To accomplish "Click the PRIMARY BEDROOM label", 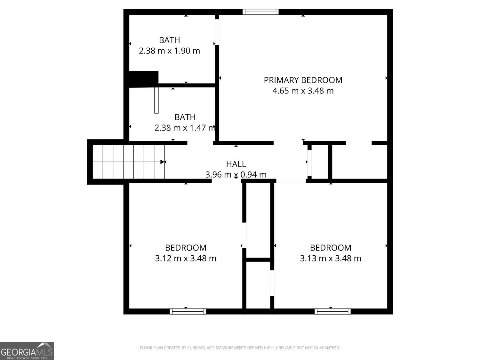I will [303, 80].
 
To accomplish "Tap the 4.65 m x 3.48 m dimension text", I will [303, 91].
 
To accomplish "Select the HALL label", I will [236, 164].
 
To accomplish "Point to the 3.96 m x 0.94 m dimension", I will [236, 175].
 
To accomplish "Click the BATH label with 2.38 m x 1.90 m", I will [169, 40].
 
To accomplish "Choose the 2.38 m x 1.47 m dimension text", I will [184, 128].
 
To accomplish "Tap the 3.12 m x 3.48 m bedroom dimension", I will [186, 258].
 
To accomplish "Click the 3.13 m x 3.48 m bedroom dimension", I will [330, 258].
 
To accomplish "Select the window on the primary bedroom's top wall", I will [260, 12].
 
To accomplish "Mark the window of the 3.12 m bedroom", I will [188, 311].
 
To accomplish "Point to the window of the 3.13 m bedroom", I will [332, 311].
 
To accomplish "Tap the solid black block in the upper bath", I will [144, 78].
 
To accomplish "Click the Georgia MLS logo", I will [27, 351].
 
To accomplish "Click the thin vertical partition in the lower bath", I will [156, 100].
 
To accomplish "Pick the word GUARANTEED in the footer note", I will [328, 348].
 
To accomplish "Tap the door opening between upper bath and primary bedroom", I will [217, 32].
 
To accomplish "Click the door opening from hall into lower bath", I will [200, 143].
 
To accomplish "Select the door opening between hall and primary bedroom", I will [288, 143].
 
